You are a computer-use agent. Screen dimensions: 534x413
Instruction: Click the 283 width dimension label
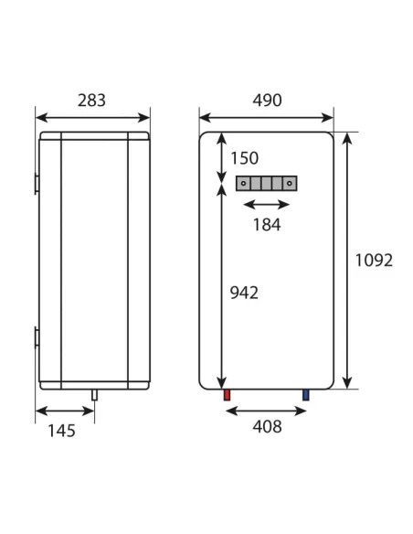coord(91,101)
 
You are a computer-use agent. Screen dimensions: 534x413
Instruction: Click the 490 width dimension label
coord(266,101)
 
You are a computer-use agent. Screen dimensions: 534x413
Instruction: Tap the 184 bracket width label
coord(266,225)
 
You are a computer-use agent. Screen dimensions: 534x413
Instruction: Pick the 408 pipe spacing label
coord(266,427)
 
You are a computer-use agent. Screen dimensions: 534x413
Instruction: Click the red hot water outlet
coord(226,396)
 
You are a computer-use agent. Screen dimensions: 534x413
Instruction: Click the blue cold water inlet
coord(306,396)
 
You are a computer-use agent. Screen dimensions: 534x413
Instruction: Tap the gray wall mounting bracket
coord(266,183)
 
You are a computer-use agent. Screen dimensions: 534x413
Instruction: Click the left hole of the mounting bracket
coord(244,183)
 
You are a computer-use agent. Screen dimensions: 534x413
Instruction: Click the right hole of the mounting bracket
coord(289,183)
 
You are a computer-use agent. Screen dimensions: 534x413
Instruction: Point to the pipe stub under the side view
coord(93,395)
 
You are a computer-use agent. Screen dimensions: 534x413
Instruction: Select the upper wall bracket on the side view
coord(37,183)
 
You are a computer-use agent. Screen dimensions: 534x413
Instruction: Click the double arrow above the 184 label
coord(266,205)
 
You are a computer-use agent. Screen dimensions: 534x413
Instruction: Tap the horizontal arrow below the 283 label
coord(92,117)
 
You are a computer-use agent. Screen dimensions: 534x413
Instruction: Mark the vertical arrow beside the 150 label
coord(220,157)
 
